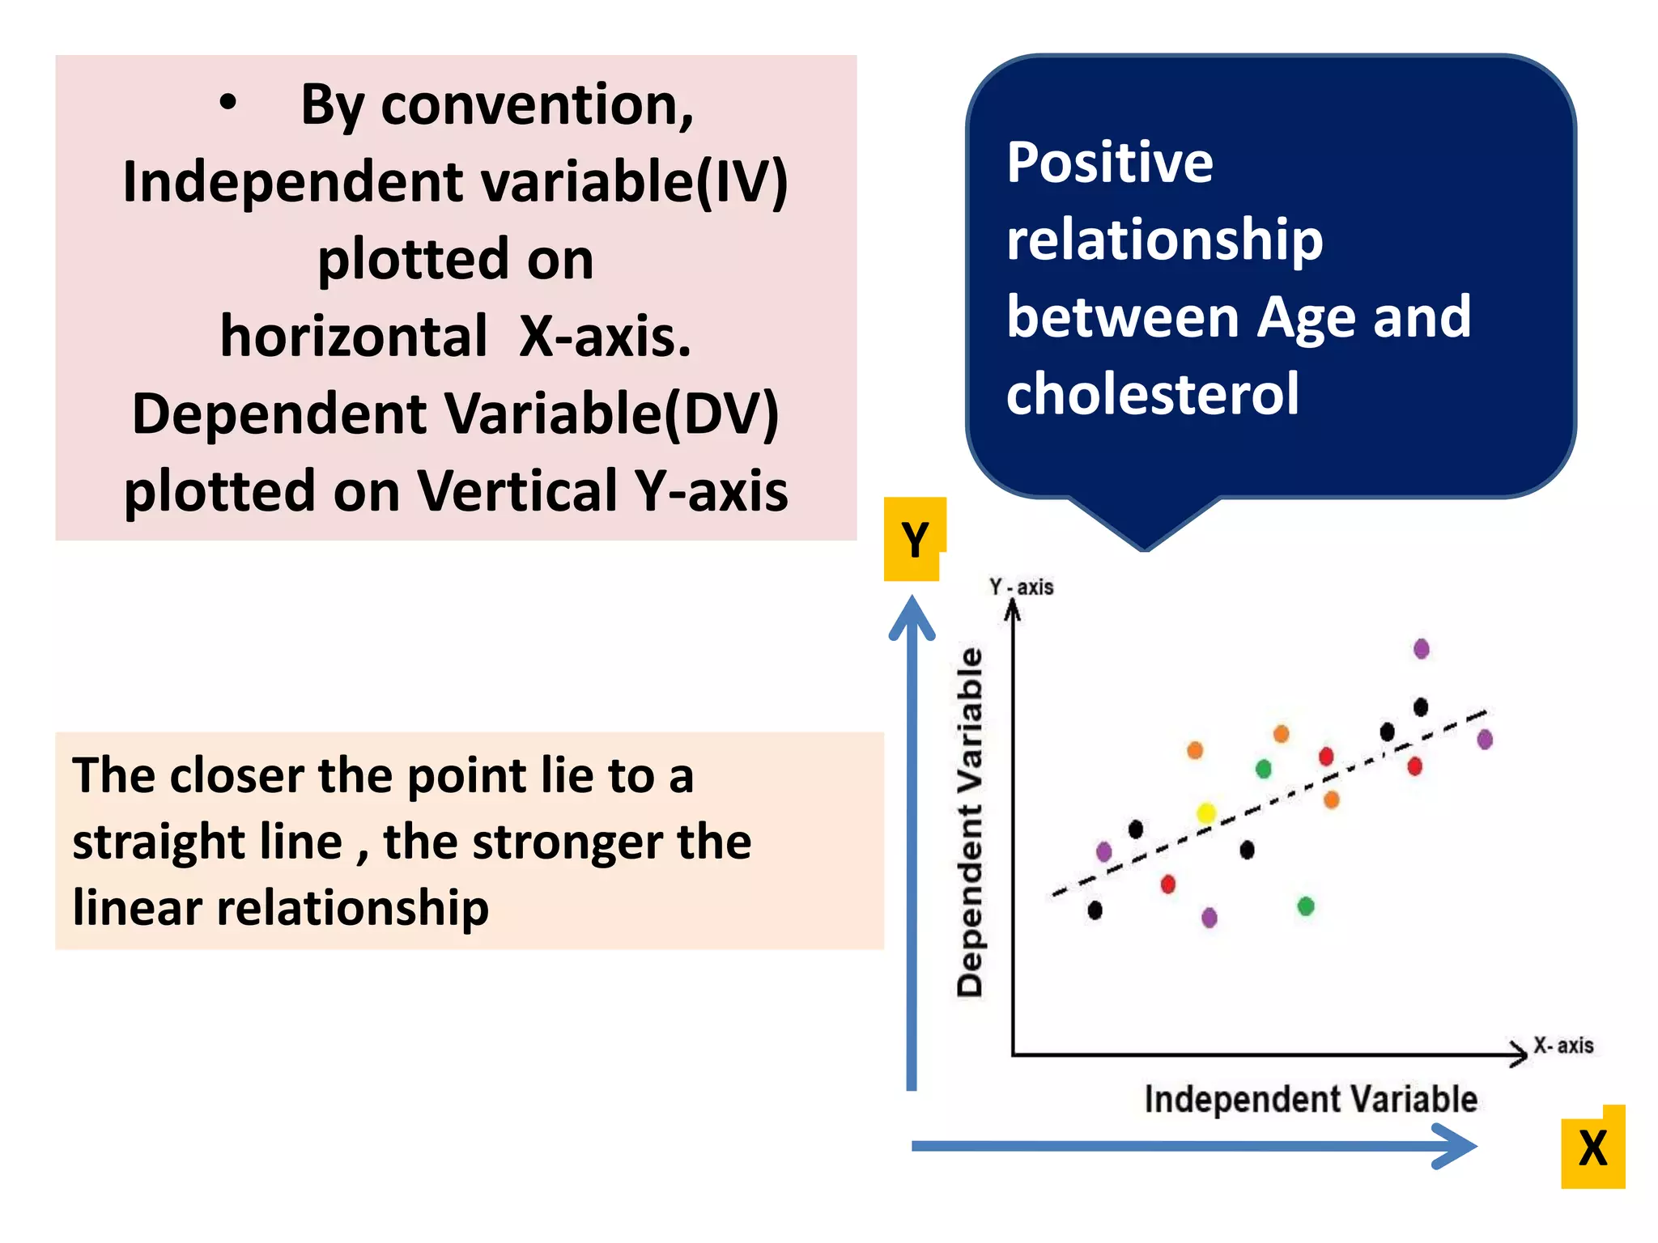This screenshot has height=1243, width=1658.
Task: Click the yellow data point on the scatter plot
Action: pyautogui.click(x=1206, y=812)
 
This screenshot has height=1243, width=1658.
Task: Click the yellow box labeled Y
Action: pyautogui.click(x=913, y=539)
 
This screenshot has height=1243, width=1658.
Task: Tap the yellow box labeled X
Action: pyautogui.click(x=1592, y=1148)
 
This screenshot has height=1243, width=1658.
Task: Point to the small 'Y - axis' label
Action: pyautogui.click(x=1022, y=587)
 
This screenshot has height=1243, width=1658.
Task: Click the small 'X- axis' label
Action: pyautogui.click(x=1563, y=1046)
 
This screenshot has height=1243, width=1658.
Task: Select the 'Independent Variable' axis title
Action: pyautogui.click(x=1311, y=1099)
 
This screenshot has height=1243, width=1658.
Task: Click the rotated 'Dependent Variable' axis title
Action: pyautogui.click(x=970, y=821)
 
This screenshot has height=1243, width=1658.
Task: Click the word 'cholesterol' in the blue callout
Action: pyautogui.click(x=1152, y=394)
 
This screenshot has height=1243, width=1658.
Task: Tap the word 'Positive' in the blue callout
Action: pyautogui.click(x=1110, y=163)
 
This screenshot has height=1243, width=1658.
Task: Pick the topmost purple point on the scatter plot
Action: pyautogui.click(x=1422, y=648)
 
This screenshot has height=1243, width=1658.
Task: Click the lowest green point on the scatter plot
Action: pyautogui.click(x=1306, y=906)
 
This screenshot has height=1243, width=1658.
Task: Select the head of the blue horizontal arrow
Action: pyautogui.click(x=1457, y=1145)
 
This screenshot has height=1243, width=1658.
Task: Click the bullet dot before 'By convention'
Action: pyautogui.click(x=229, y=103)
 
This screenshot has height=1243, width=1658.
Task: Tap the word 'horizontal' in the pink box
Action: pyautogui.click(x=354, y=337)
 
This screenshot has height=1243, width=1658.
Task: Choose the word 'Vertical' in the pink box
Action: pyautogui.click(x=517, y=491)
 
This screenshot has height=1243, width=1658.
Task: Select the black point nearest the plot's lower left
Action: pyautogui.click(x=1095, y=910)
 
